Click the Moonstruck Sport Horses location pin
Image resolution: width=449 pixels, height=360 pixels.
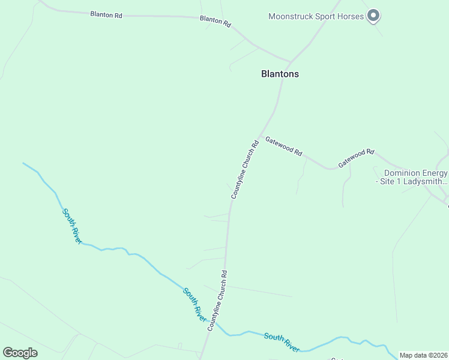click(373, 15)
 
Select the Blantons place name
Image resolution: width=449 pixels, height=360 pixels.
click(280, 74)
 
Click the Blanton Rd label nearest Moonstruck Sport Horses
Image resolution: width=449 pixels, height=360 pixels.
click(215, 21)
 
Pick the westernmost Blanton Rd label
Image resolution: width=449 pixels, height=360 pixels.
click(106, 14)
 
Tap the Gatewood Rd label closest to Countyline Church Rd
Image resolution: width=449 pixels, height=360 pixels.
click(283, 146)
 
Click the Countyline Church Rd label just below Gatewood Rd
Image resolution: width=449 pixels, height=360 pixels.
click(244, 170)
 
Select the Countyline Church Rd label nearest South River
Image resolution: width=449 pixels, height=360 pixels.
click(217, 301)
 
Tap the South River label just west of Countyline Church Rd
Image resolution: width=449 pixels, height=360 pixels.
click(195, 305)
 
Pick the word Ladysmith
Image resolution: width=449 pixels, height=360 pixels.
click(425, 181)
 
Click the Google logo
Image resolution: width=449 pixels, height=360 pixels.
click(20, 353)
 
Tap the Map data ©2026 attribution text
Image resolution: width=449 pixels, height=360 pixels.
click(423, 355)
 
